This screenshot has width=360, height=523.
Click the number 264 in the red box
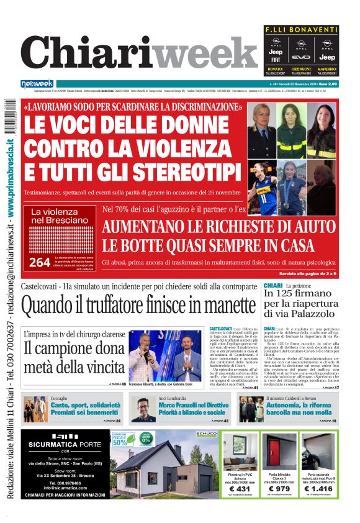click(x=39, y=262)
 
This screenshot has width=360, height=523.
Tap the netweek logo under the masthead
click(x=37, y=84)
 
